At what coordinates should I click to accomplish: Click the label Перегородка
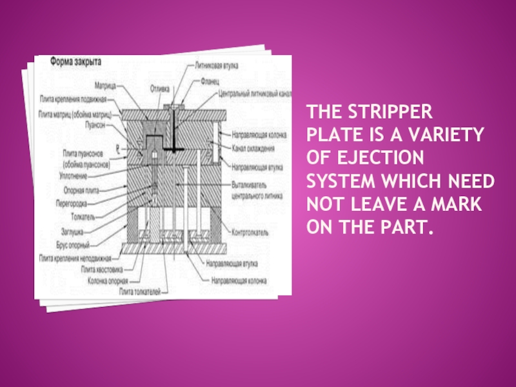pos(81,203)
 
